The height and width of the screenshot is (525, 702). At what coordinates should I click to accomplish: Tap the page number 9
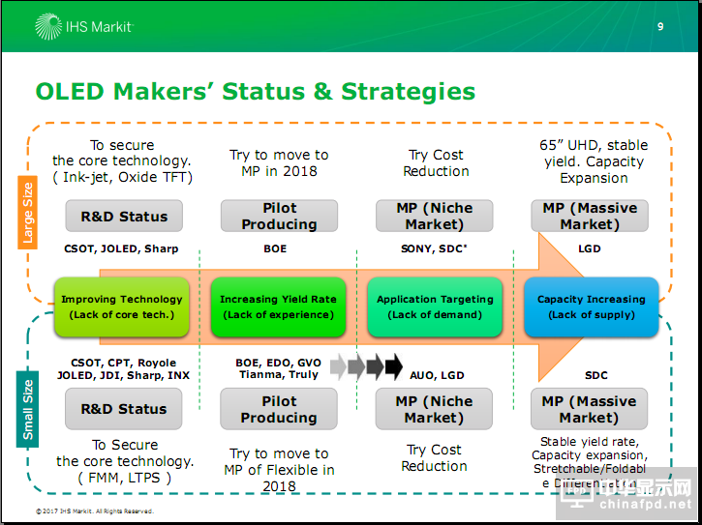click(x=660, y=26)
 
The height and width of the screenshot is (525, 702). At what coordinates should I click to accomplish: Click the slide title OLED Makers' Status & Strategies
click(x=255, y=92)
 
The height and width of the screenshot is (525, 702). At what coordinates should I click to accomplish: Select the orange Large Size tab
click(x=28, y=212)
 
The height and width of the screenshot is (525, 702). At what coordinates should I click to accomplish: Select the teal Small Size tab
click(x=28, y=411)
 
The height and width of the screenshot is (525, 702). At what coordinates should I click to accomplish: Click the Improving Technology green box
click(x=122, y=306)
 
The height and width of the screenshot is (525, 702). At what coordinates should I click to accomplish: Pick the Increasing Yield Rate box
click(x=278, y=306)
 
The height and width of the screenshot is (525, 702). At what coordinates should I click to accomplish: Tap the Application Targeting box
click(x=435, y=306)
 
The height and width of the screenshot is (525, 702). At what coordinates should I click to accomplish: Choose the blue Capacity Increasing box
click(x=591, y=306)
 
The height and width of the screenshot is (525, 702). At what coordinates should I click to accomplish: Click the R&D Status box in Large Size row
click(x=124, y=217)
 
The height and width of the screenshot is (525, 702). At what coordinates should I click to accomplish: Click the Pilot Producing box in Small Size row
click(x=279, y=409)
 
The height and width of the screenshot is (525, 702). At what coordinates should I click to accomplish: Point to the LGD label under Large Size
click(x=589, y=248)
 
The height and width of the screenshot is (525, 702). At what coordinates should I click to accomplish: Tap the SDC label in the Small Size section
click(x=596, y=375)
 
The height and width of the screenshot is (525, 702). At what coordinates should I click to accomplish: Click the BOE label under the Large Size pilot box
click(x=275, y=248)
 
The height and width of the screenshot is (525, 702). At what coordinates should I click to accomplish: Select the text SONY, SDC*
click(x=433, y=248)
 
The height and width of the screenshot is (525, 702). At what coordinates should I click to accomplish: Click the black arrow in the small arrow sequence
click(x=393, y=366)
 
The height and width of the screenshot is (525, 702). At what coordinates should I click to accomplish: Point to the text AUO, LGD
click(x=436, y=375)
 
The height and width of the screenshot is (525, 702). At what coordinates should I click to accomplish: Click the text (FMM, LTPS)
click(x=123, y=478)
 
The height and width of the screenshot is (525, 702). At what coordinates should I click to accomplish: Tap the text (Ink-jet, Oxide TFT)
click(x=123, y=177)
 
